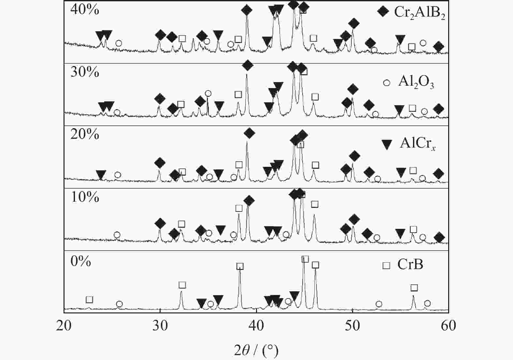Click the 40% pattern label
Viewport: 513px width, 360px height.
tap(85, 10)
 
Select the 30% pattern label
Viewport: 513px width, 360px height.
tap(85, 72)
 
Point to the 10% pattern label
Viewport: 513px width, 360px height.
tap(85, 197)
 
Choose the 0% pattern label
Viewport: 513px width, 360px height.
tap(81, 261)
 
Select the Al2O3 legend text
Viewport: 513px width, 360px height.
tap(416, 82)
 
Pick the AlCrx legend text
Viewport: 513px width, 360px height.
tap(418, 144)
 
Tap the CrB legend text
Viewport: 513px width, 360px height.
tap(410, 265)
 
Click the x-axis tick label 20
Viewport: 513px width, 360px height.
tap(64, 325)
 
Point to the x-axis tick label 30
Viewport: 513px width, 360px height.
tap(160, 325)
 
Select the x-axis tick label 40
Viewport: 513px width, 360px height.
tap(256, 325)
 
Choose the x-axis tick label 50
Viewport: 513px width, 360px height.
tap(352, 325)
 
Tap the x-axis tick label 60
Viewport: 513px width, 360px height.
tap(449, 325)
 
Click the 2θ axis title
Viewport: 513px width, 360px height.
tap(256, 350)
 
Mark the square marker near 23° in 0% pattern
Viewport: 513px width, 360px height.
tap(89, 299)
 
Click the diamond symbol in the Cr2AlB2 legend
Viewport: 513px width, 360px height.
tap(383, 11)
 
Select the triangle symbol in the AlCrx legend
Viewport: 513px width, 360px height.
tap(387, 145)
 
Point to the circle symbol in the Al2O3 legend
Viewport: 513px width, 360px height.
tap(387, 83)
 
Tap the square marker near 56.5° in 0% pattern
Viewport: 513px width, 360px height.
tap(414, 288)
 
